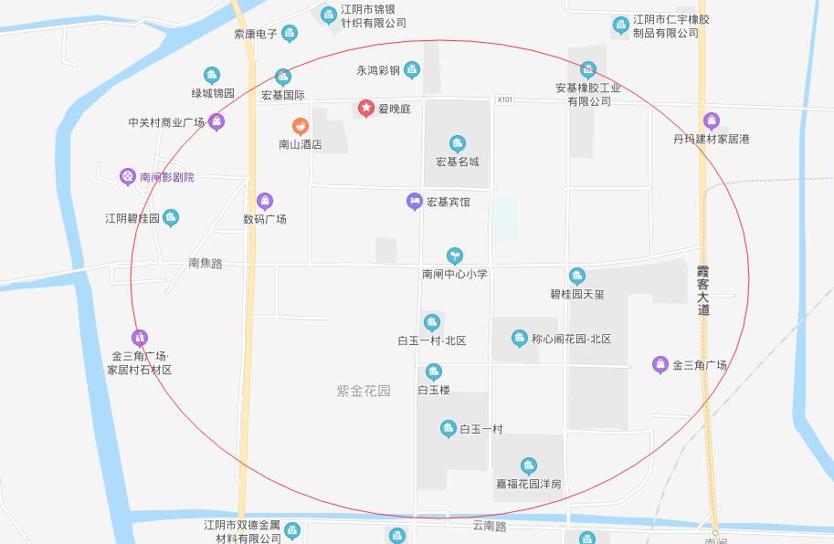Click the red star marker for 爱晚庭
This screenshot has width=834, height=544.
pyautogui.click(x=365, y=109)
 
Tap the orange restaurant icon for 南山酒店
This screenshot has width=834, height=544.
pyautogui.click(x=300, y=127)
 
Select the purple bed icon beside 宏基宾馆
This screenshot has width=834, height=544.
pyautogui.click(x=414, y=201)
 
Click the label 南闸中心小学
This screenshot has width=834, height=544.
pyautogui.click(x=455, y=273)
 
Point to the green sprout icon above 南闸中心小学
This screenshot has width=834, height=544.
pyautogui.click(x=454, y=256)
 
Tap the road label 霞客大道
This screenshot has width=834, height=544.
pyautogui.click(x=702, y=290)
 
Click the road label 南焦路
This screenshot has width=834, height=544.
pyautogui.click(x=206, y=263)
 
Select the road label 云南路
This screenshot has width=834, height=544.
pyautogui.click(x=490, y=526)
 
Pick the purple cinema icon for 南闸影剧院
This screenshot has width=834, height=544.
pyautogui.click(x=128, y=177)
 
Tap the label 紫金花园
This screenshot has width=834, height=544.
pyautogui.click(x=363, y=391)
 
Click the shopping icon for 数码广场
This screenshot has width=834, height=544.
pyautogui.click(x=265, y=202)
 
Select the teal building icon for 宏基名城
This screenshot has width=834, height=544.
pyautogui.click(x=458, y=143)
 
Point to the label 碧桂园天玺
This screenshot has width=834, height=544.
pyautogui.click(x=576, y=294)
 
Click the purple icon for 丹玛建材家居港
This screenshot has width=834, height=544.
pyautogui.click(x=712, y=120)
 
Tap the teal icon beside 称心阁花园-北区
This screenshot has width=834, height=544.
pyautogui.click(x=519, y=339)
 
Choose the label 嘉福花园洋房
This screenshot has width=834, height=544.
pyautogui.click(x=528, y=484)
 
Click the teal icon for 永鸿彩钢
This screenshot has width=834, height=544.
pyautogui.click(x=412, y=69)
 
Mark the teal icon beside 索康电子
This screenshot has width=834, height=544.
pyautogui.click(x=290, y=34)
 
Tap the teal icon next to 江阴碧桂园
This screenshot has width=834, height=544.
pyautogui.click(x=171, y=218)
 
